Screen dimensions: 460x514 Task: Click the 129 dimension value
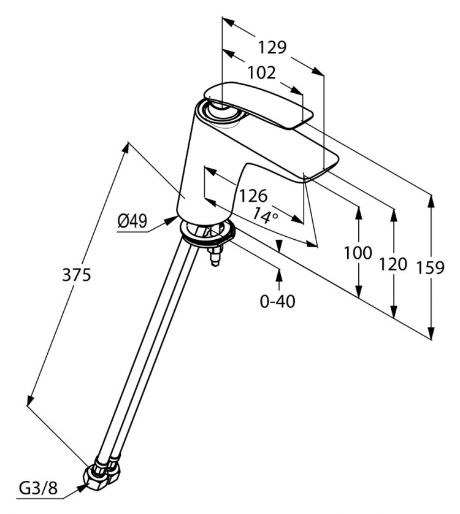pos(272,47)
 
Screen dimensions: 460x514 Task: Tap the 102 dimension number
pos(261,73)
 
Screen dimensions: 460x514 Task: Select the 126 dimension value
pos(253,196)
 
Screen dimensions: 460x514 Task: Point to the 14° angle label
pos(266,215)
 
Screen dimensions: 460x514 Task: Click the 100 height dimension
pos(358,253)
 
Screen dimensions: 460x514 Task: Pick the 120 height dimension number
pos(393,264)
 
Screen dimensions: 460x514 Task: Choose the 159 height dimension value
pos(430,267)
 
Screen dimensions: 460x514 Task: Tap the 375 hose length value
pos(77,274)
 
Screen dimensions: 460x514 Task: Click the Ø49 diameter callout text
pos(132,222)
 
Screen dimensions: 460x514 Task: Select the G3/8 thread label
pos(39,488)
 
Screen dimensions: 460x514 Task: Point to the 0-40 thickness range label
pos(277,301)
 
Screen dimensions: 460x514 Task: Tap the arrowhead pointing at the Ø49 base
pos(172,220)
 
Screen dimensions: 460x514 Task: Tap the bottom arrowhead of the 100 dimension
pos(359,291)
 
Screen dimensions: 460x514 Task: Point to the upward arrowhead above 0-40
pos(279,275)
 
